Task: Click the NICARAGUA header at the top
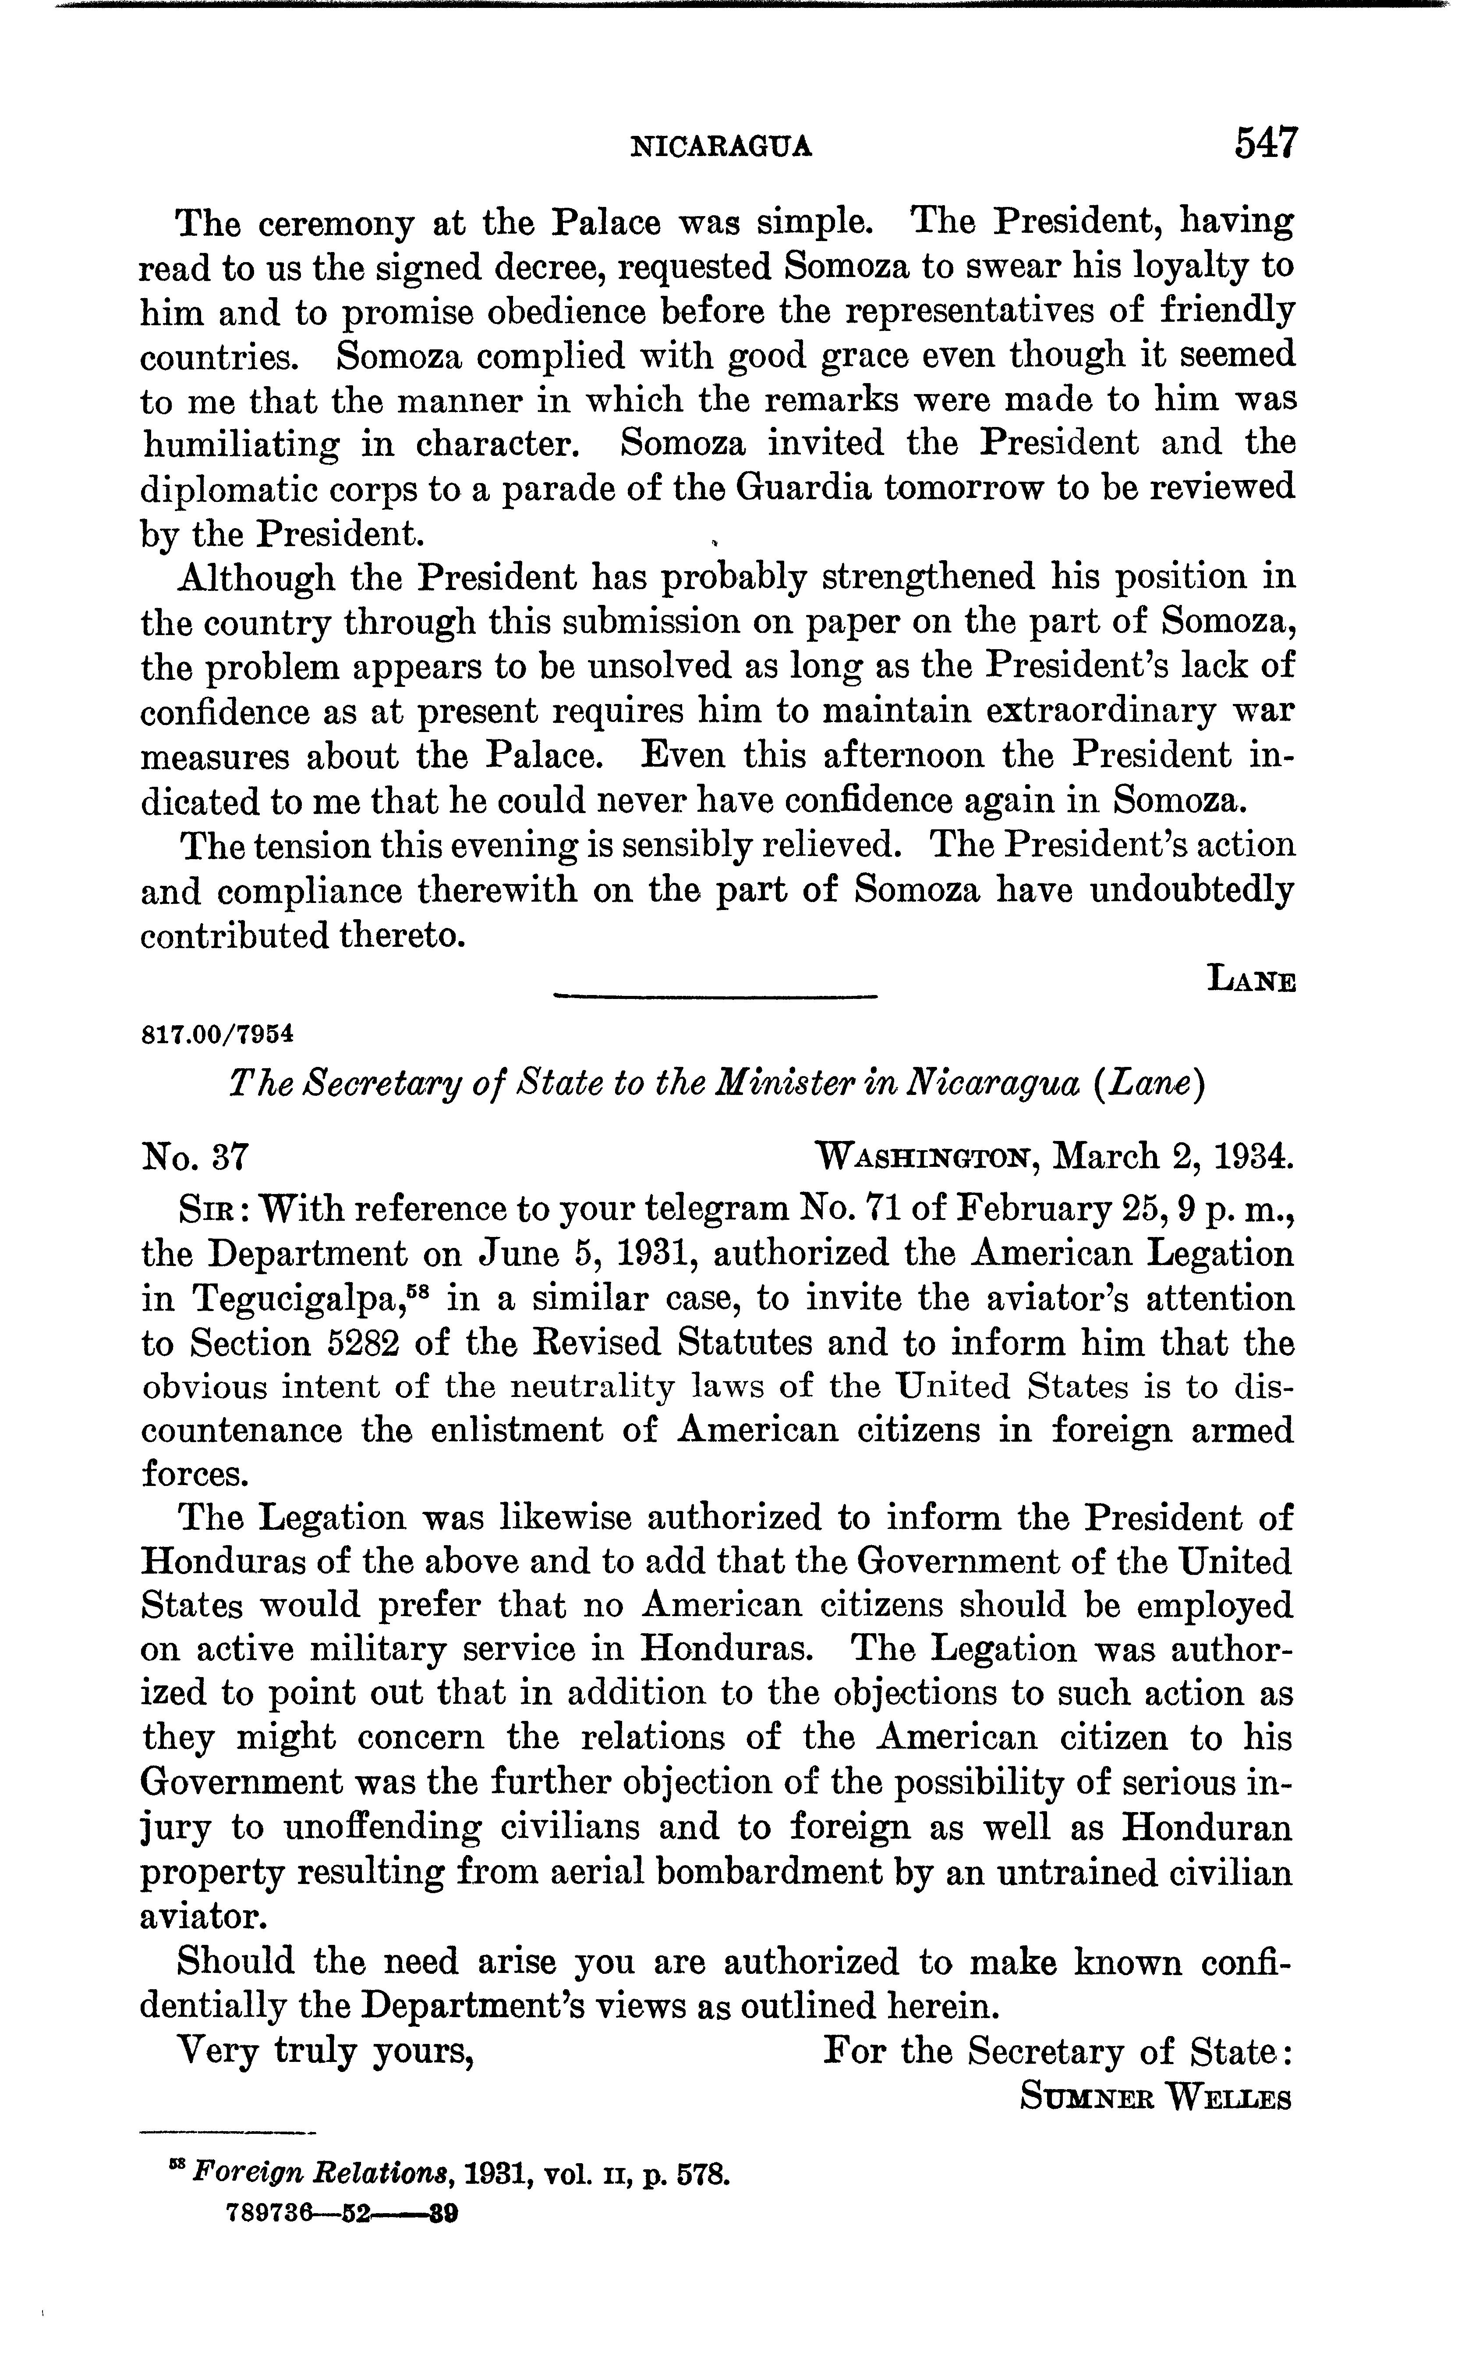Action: pos(720,146)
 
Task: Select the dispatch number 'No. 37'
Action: pos(196,1155)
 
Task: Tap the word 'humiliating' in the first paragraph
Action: pos(241,446)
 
